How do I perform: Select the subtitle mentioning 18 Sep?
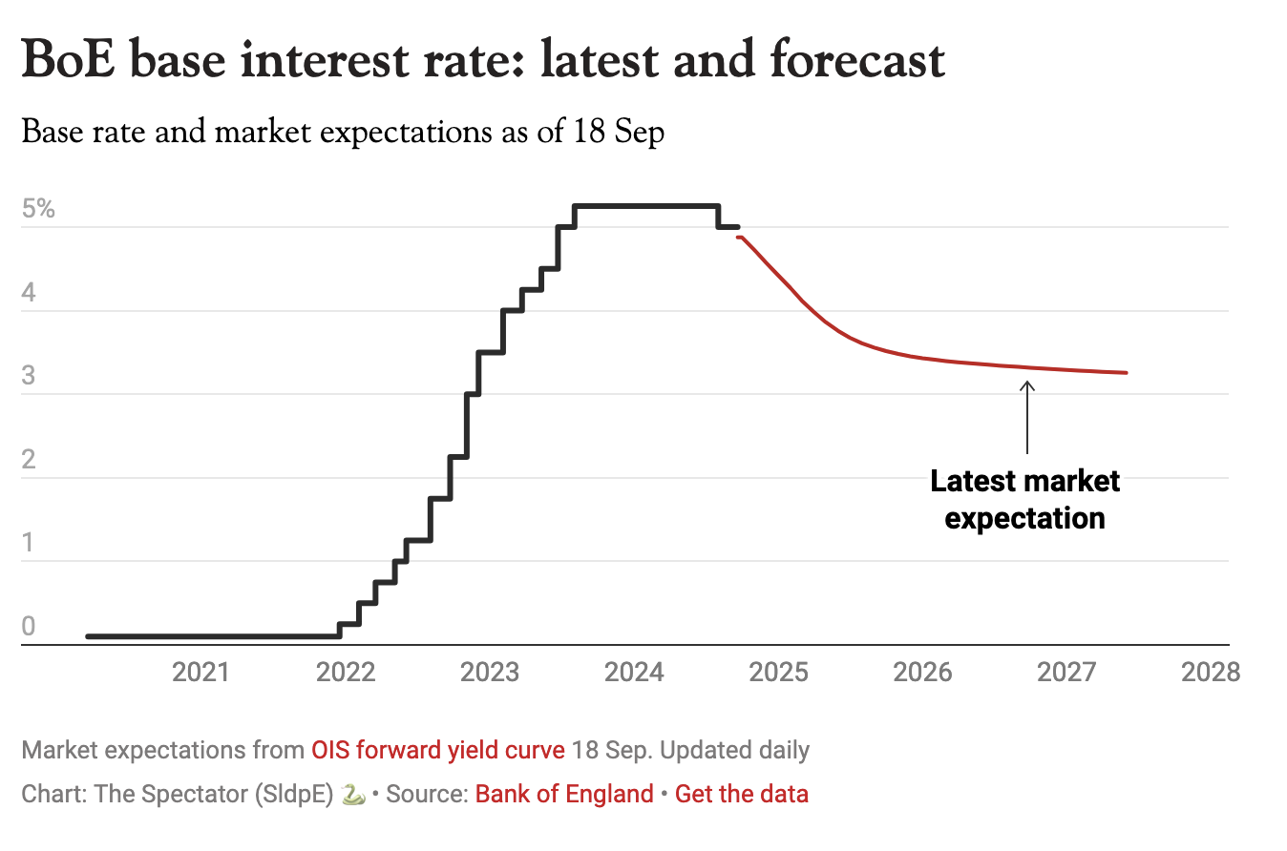click(x=343, y=132)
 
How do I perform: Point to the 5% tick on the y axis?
click(x=38, y=209)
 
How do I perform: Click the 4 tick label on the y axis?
click(x=29, y=292)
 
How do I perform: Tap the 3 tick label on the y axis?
click(x=29, y=376)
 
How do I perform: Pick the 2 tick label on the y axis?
click(x=29, y=460)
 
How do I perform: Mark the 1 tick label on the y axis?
click(x=29, y=544)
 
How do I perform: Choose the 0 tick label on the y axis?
click(x=29, y=627)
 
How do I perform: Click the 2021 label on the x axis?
click(x=200, y=673)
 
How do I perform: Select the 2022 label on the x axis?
click(x=345, y=673)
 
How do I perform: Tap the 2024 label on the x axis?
click(x=634, y=673)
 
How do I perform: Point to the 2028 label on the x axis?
click(x=1211, y=673)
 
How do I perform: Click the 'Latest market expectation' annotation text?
click(x=1025, y=499)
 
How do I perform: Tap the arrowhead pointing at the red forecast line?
click(x=1027, y=385)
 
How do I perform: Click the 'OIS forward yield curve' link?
click(x=438, y=750)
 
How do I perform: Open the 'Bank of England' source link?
click(x=564, y=794)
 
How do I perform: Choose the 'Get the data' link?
click(x=742, y=794)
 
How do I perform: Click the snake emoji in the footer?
click(x=353, y=794)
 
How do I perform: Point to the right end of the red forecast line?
click(x=1127, y=372)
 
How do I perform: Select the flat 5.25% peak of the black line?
click(x=645, y=206)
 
